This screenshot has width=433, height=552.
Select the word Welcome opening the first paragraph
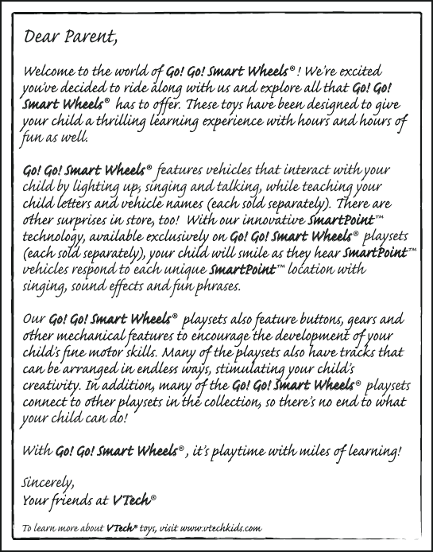coord(52,72)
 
